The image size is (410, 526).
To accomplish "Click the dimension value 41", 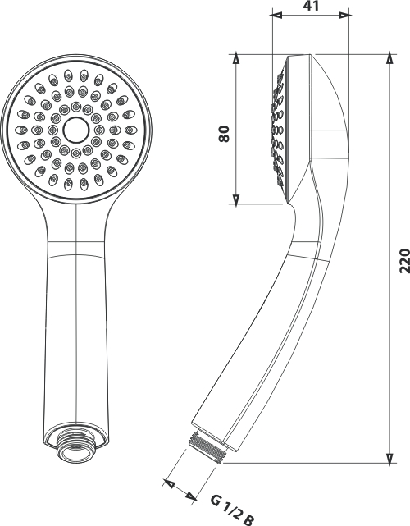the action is (x=312, y=6).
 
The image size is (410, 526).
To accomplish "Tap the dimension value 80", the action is (x=224, y=134).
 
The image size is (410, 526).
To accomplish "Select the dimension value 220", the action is (x=404, y=261).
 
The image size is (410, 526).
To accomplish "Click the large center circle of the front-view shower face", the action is (x=76, y=130).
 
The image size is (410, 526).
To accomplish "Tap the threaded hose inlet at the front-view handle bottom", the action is (x=76, y=446).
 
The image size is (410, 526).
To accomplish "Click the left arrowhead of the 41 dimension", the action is (x=277, y=15).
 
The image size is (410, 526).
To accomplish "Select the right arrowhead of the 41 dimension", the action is (x=344, y=15).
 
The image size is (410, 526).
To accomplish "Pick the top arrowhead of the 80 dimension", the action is (x=236, y=59).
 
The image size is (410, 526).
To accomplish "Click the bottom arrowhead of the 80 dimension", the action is (x=236, y=199).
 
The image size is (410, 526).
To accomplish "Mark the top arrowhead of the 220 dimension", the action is (x=389, y=59).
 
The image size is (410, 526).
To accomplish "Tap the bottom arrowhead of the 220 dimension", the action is (x=389, y=458).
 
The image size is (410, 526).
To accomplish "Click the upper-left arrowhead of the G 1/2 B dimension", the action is (x=169, y=483).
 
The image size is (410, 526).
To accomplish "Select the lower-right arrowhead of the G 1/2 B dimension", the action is (x=191, y=496).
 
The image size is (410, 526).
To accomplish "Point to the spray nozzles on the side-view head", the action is (x=279, y=130).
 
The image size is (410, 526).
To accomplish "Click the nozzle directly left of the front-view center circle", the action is (x=53, y=130).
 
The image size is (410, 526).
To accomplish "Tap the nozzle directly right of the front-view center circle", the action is (x=99, y=130).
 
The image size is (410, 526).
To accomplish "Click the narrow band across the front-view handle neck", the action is (x=76, y=249).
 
